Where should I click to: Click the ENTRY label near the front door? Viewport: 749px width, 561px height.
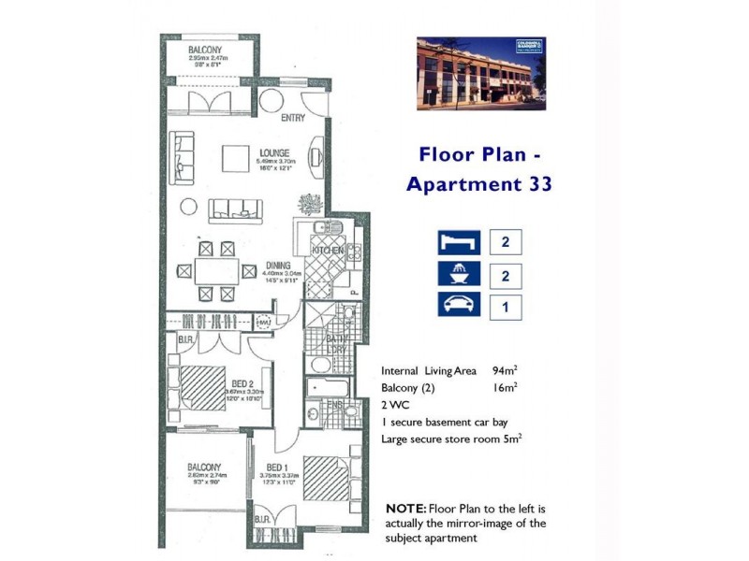(293, 119)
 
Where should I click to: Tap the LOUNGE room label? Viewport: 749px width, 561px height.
(274, 152)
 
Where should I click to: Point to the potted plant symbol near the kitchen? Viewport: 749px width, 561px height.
(307, 203)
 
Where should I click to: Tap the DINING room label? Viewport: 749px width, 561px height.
(278, 265)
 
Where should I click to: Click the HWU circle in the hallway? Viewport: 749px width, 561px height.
(264, 323)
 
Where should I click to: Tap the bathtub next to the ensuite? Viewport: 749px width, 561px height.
(328, 386)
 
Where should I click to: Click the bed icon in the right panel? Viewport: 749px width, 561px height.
(458, 242)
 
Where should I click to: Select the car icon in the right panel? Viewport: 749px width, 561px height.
(458, 306)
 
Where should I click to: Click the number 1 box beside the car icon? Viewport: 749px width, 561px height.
(506, 306)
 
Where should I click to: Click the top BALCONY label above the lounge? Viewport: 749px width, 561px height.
(206, 50)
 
